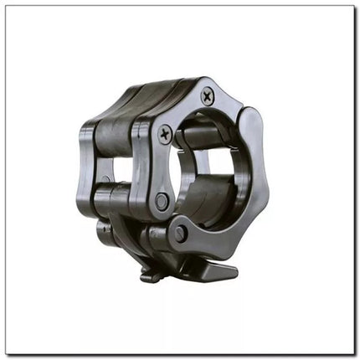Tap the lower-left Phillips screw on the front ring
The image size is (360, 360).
click(166, 131)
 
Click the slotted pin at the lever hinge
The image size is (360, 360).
click(181, 234)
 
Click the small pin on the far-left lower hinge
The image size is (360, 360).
click(102, 228)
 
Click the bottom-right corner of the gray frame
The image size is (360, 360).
click(354, 354)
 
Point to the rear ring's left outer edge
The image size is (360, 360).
click(86, 159)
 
